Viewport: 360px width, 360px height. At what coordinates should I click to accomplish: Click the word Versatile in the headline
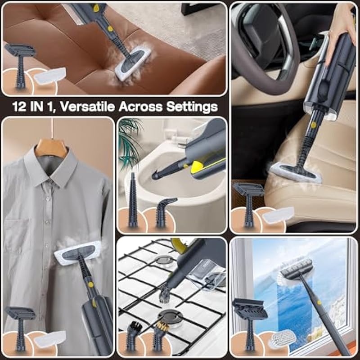87,107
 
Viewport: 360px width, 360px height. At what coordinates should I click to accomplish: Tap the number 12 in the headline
19,107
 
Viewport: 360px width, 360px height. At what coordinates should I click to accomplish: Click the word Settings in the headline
192,107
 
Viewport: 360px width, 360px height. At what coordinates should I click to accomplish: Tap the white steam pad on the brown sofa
133,63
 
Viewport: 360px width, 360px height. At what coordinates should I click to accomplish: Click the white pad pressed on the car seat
296,173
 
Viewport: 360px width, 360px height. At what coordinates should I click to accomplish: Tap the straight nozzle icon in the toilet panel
133,200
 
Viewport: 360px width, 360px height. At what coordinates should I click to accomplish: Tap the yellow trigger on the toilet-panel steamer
197,167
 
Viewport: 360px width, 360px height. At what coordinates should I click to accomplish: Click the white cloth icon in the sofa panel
50,76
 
